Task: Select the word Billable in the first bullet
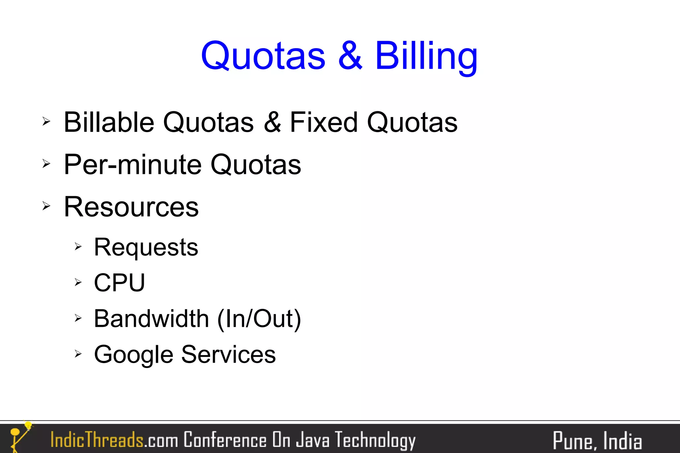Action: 109,122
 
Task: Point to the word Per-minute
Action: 132,165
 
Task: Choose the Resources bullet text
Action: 131,207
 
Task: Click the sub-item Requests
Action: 146,248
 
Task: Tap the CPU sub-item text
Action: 120,283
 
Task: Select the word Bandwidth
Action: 151,319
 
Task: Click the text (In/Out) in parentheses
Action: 259,319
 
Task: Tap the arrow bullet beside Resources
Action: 46,206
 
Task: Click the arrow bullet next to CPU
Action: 78,282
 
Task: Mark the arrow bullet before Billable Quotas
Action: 46,121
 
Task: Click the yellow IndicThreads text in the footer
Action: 97,440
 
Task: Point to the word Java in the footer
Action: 312,440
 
